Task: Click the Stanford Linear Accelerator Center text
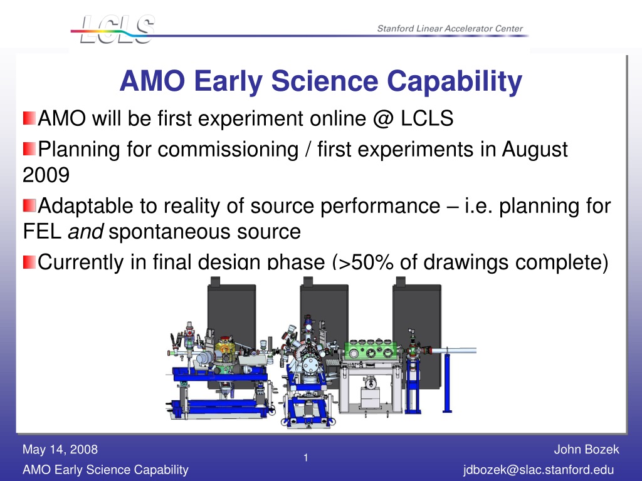(450, 29)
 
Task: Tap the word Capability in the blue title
(455, 81)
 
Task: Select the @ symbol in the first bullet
(383, 118)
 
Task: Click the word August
(535, 150)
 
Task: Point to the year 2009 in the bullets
(46, 175)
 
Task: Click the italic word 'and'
(85, 232)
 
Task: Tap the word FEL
(42, 232)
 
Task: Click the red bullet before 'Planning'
(29, 148)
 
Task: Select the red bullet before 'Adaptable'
(29, 205)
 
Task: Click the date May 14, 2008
(60, 450)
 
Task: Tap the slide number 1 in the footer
(306, 458)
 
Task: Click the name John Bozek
(586, 450)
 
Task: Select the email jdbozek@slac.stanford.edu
(539, 470)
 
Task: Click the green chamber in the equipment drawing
(371, 351)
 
